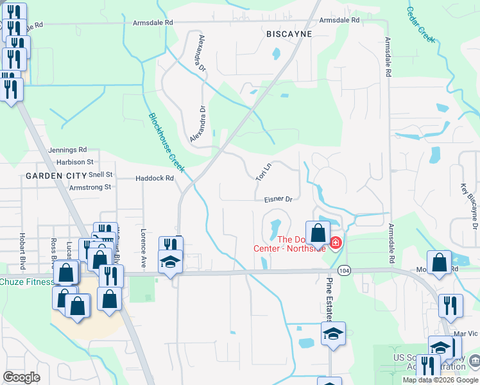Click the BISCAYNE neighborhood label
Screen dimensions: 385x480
click(289, 34)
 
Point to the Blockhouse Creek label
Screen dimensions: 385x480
click(167, 143)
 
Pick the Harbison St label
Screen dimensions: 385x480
click(74, 162)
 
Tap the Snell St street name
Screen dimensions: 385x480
click(101, 175)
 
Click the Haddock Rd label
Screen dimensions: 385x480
click(155, 178)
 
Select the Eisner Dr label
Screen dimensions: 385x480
click(278, 200)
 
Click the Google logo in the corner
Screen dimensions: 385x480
click(22, 377)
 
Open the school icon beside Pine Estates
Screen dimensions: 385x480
click(333, 334)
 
